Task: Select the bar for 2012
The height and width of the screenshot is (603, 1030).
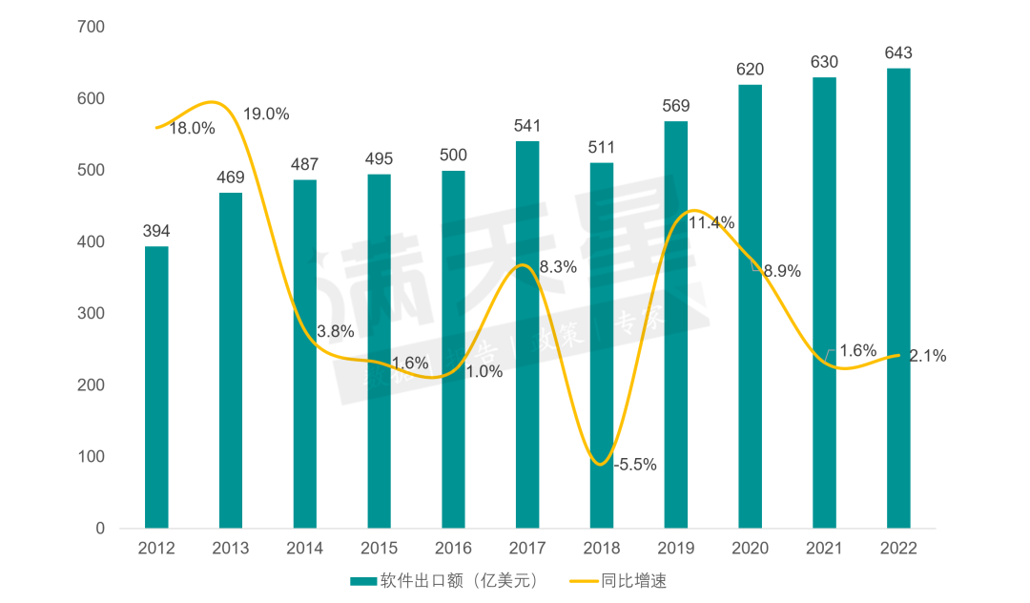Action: (156, 387)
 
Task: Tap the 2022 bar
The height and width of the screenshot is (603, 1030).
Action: (898, 298)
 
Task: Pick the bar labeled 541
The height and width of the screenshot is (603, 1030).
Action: (527, 334)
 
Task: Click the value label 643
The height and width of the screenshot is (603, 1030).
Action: (898, 53)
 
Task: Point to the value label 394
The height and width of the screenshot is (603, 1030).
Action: (156, 232)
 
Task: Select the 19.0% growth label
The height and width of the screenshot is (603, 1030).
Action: (266, 114)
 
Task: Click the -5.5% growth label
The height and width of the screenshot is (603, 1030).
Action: (636, 465)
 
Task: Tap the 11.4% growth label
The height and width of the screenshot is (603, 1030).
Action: (711, 223)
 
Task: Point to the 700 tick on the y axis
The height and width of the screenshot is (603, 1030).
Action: (91, 27)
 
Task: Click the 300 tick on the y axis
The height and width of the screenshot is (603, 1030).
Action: (91, 313)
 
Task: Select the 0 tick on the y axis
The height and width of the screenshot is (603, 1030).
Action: (99, 528)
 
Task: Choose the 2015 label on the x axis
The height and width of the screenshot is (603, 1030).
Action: (379, 549)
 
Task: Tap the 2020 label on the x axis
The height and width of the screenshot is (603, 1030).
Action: (750, 549)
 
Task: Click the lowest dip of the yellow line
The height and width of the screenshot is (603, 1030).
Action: (598, 465)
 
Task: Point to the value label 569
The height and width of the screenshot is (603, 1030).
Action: (675, 106)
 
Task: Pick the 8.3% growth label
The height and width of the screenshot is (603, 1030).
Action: (558, 268)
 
